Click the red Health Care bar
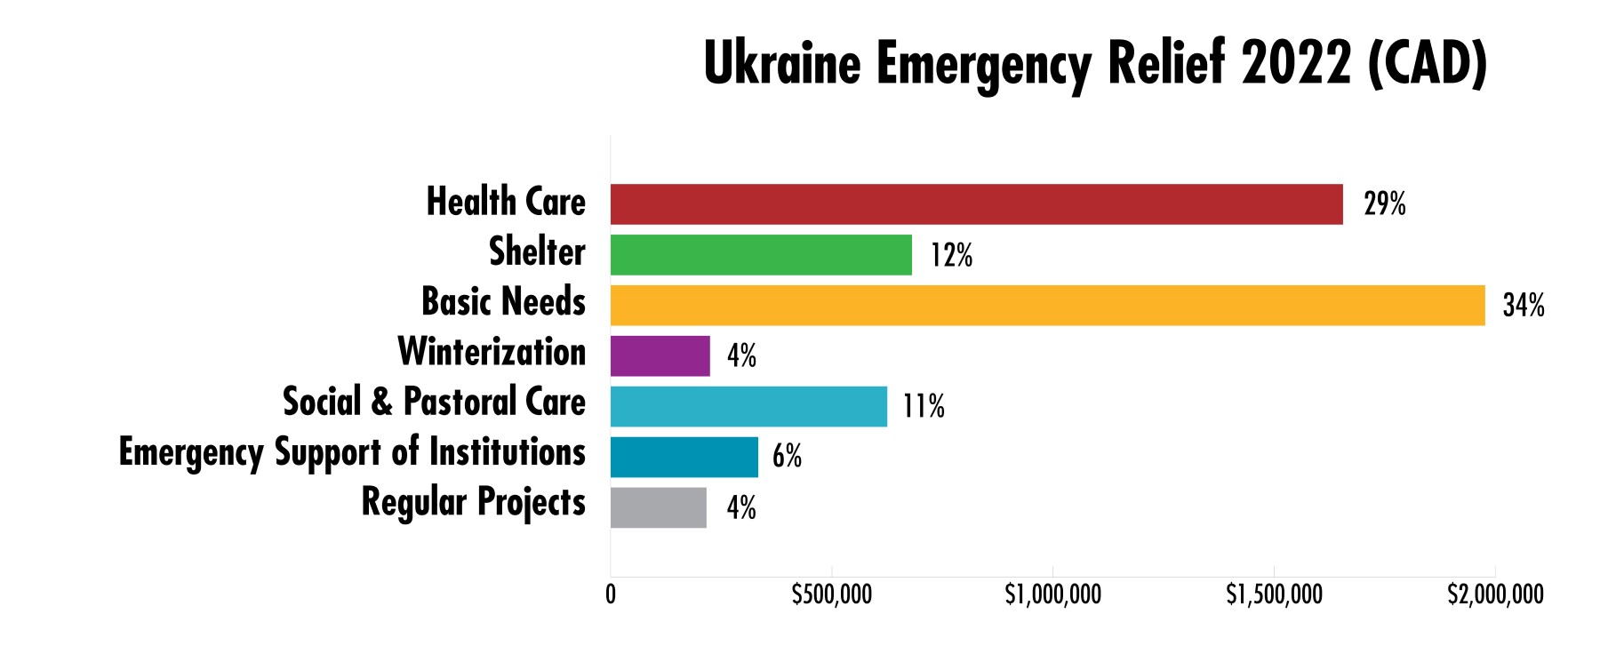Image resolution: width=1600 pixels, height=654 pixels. [x=976, y=204]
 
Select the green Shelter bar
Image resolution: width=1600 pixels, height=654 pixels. [x=761, y=255]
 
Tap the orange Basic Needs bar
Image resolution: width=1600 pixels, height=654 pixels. [x=1047, y=306]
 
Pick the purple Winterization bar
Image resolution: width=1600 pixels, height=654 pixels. [x=660, y=355]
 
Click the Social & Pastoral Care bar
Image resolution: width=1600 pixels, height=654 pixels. [x=748, y=406]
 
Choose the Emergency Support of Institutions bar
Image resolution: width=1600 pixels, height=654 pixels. [x=684, y=457]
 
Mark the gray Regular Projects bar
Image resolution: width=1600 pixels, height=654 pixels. [x=658, y=507]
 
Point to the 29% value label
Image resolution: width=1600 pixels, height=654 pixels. [x=1385, y=205]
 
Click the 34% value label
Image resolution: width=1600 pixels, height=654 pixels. [x=1524, y=307]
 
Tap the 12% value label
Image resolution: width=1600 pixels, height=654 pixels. [x=951, y=256]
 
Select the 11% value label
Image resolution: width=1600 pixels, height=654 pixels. [x=924, y=407]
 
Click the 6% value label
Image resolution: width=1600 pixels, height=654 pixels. [x=787, y=458]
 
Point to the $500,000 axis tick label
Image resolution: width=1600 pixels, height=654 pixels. [x=831, y=594]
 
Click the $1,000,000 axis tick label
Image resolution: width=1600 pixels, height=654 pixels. [x=1052, y=594]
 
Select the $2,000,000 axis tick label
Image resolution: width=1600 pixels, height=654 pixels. [x=1495, y=594]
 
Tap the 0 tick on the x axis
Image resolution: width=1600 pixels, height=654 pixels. [x=611, y=594]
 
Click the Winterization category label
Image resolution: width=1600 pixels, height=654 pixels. [x=492, y=352]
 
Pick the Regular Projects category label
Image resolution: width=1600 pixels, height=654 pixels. [x=473, y=503]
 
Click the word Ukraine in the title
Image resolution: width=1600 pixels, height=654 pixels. [x=782, y=64]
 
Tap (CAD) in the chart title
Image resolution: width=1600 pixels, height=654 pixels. [x=1428, y=64]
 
